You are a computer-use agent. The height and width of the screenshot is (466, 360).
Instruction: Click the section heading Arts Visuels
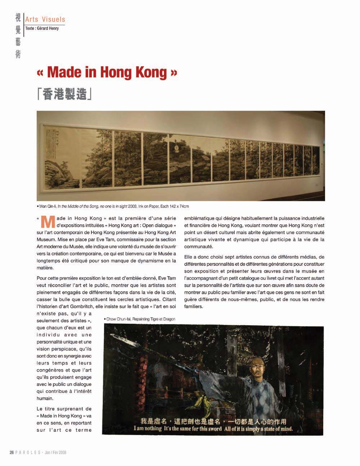tap(45, 19)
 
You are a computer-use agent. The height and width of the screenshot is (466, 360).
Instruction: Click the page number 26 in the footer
tap(12, 452)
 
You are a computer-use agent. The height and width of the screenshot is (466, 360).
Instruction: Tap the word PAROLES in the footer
tap(28, 452)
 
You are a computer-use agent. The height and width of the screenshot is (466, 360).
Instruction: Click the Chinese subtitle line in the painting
tap(213, 422)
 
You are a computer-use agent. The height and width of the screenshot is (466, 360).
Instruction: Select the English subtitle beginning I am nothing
tap(213, 429)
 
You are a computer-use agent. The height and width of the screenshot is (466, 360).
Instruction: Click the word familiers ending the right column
tap(194, 306)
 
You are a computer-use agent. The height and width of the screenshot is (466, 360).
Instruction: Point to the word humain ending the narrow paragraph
tap(45, 398)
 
